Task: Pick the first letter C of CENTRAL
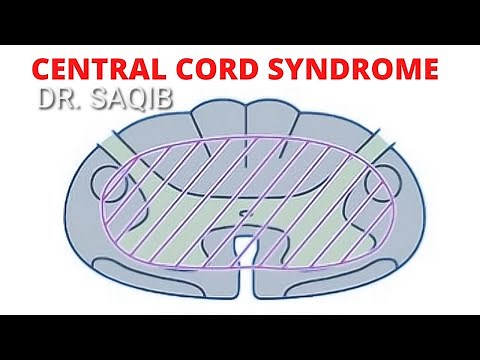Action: [x=42, y=71]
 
